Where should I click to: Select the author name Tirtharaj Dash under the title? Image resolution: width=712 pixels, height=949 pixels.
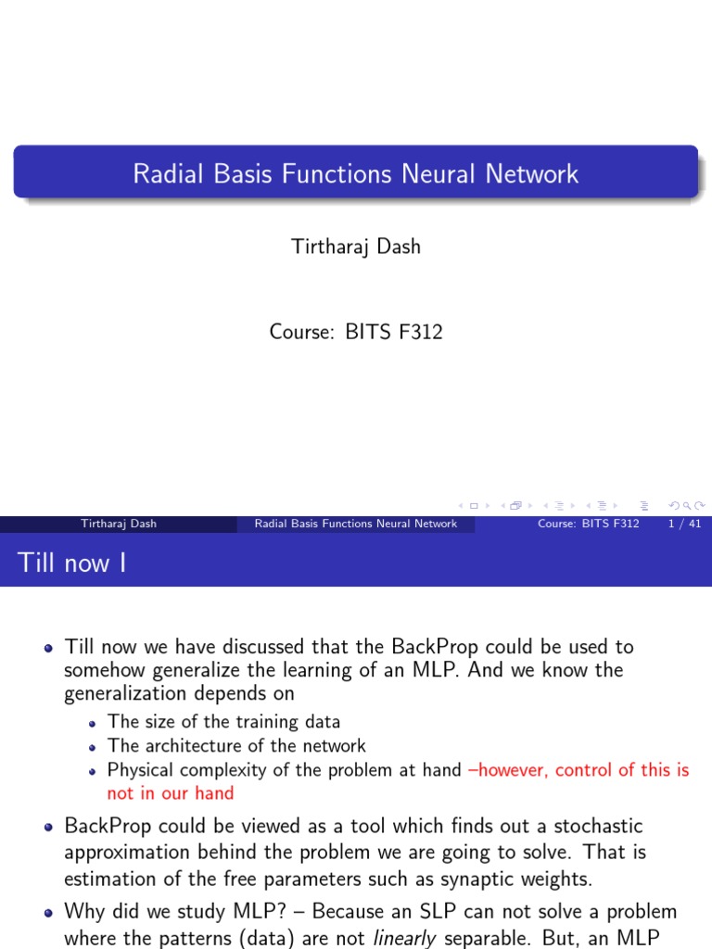pyautogui.click(x=356, y=246)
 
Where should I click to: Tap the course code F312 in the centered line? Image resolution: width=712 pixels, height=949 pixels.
pyautogui.click(x=421, y=331)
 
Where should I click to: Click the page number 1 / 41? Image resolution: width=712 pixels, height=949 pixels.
pyautogui.click(x=683, y=524)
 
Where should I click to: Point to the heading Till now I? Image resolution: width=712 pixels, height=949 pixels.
pyautogui.click(x=72, y=563)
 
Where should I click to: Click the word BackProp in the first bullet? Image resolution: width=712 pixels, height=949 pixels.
pyautogui.click(x=435, y=646)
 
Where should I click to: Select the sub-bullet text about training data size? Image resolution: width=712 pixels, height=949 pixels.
pyautogui.click(x=223, y=721)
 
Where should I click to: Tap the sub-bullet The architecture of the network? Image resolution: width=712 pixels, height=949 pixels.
pyautogui.click(x=236, y=745)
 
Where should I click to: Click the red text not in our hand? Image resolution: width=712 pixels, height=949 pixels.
pyautogui.click(x=171, y=792)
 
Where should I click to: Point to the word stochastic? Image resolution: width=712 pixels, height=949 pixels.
pyautogui.click(x=598, y=825)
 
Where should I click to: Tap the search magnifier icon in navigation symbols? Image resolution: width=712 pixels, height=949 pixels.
pyautogui.click(x=685, y=505)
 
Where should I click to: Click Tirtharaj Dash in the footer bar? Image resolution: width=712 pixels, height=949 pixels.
pyautogui.click(x=119, y=524)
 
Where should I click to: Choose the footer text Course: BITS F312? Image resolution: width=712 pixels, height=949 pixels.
pyautogui.click(x=589, y=524)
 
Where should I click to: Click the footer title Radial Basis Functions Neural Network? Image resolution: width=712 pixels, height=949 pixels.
pyautogui.click(x=356, y=524)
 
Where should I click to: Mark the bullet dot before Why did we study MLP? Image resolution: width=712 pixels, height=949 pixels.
pyautogui.click(x=49, y=912)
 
